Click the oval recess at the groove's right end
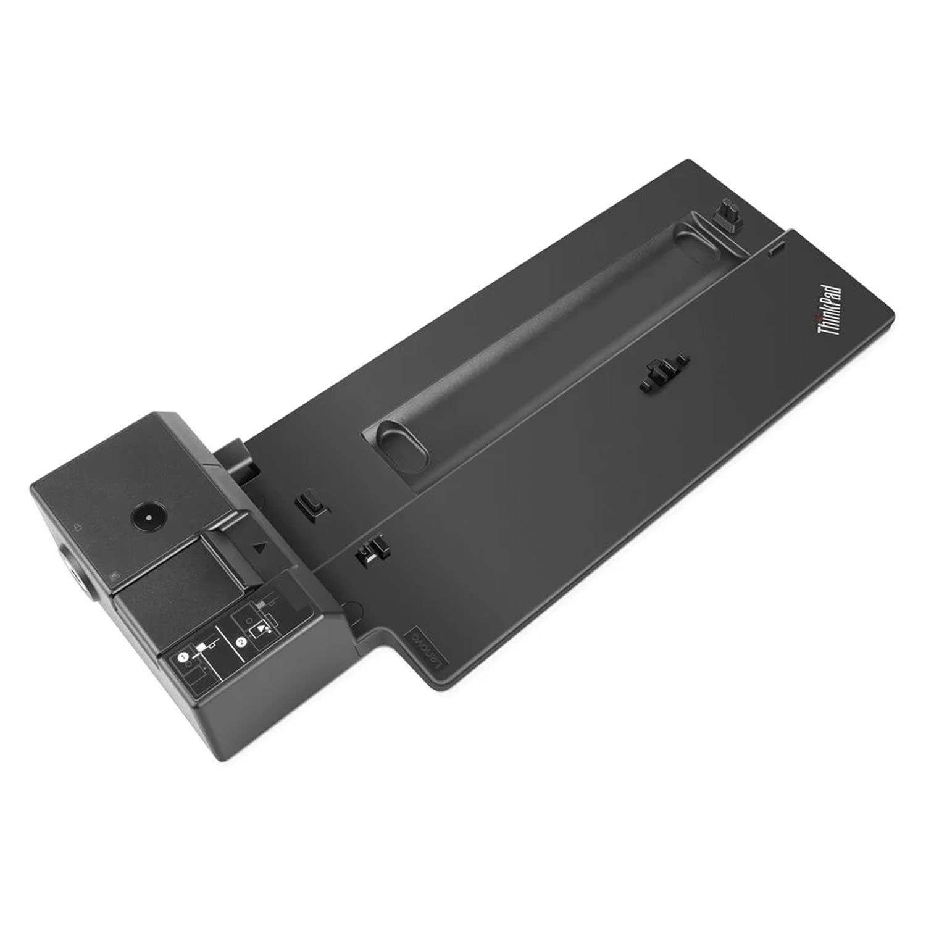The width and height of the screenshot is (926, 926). (698, 238)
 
